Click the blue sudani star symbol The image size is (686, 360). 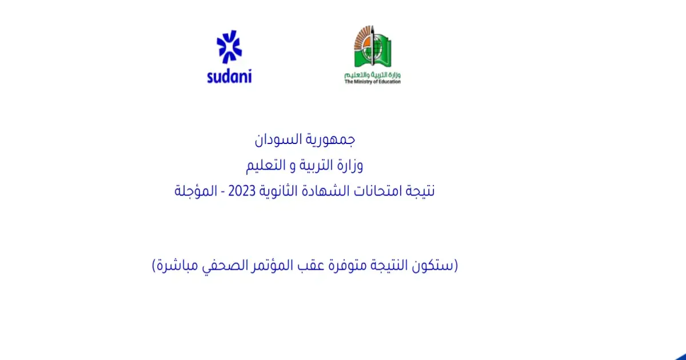tap(229, 46)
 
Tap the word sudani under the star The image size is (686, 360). tap(229, 76)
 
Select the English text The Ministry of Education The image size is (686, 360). tap(372, 82)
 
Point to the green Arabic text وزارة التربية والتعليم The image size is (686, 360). tap(372, 75)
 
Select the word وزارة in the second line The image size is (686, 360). tap(348, 166)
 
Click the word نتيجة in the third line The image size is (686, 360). tap(420, 191)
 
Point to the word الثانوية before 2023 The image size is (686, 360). tap(277, 191)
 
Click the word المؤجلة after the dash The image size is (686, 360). tap(196, 191)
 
